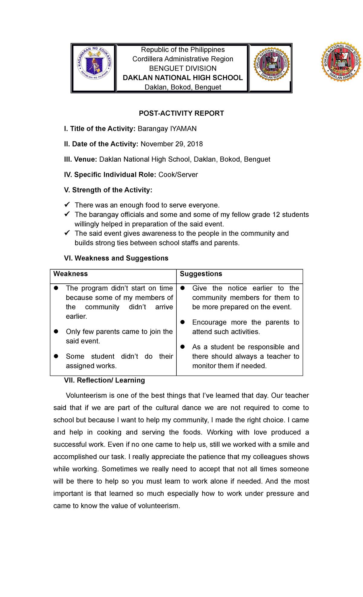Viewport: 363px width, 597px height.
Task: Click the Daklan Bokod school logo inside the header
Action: pyautogui.click(x=271, y=64)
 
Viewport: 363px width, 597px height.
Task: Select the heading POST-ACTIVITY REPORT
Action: pyautogui.click(x=181, y=113)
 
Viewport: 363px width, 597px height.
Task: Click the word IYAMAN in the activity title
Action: pyautogui.click(x=183, y=129)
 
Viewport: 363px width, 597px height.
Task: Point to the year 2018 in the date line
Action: pyautogui.click(x=195, y=144)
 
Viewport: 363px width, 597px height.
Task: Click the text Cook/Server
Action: pyautogui.click(x=178, y=175)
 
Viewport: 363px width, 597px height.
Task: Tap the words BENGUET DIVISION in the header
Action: pyautogui.click(x=183, y=68)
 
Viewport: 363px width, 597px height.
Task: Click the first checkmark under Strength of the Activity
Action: pyautogui.click(x=67, y=205)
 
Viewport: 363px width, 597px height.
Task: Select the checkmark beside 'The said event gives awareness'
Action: pyautogui.click(x=67, y=233)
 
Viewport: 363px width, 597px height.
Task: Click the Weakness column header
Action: pyautogui.click(x=70, y=274)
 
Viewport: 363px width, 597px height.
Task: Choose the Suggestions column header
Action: pyautogui.click(x=201, y=274)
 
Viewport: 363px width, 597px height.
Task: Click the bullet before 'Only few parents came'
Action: pyautogui.click(x=56, y=331)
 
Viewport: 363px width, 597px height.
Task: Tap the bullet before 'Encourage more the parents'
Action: pyautogui.click(x=182, y=322)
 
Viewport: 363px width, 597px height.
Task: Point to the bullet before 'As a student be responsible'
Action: pyautogui.click(x=182, y=347)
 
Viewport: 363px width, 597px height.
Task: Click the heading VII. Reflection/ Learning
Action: pyautogui.click(x=104, y=380)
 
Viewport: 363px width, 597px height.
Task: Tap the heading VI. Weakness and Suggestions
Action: pyautogui.click(x=116, y=258)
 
